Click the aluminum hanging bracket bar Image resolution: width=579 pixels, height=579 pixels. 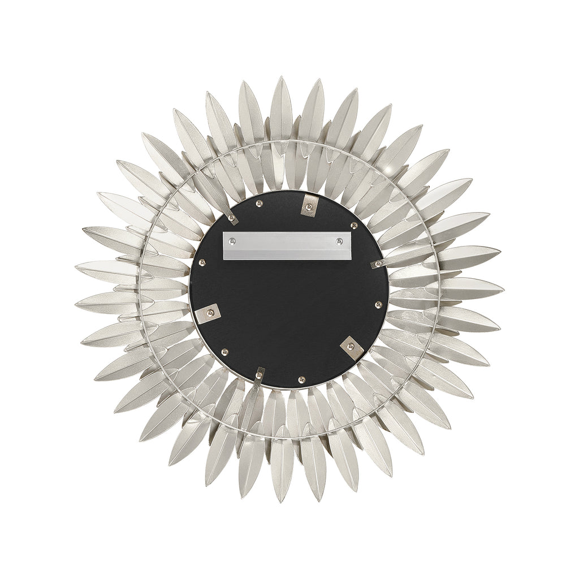[287, 245]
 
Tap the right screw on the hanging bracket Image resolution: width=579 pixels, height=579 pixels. [339, 241]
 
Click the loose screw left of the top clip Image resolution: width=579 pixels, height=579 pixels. [260, 203]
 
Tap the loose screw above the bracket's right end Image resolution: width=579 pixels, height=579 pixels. [354, 226]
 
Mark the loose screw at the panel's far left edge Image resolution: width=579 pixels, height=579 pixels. [202, 262]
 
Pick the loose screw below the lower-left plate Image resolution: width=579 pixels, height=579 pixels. [224, 351]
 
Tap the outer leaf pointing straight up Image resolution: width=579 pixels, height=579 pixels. [281, 105]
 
